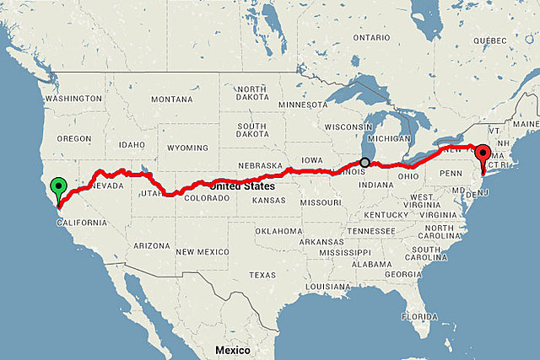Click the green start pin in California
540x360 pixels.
58,187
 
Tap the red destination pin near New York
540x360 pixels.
483,155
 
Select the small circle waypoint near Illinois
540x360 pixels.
364,162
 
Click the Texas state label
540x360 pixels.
262,275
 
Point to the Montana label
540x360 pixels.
172,99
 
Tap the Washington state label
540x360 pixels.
73,99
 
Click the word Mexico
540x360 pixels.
231,349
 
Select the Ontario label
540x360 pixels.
371,38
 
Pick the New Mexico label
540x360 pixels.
202,251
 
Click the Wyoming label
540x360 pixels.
186,148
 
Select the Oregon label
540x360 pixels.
73,138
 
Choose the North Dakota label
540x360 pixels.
251,94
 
